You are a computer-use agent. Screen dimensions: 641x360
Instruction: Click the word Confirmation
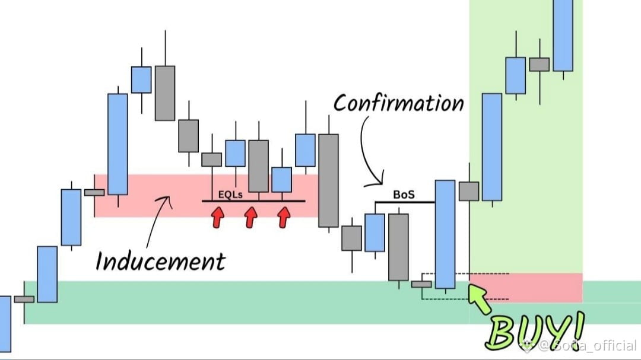pos(399,103)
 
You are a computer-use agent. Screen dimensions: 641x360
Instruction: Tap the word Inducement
pos(160,261)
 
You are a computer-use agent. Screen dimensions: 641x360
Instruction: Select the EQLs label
pos(230,195)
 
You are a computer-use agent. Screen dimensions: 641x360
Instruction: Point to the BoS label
pos(404,195)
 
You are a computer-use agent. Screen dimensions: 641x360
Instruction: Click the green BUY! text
pos(535,331)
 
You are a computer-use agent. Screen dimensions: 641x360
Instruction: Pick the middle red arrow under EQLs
pos(250,217)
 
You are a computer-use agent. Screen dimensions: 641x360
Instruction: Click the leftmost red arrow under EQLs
pos(218,217)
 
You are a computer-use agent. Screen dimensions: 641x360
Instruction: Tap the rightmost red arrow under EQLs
pos(284,217)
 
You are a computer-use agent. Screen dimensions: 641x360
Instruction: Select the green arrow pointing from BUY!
pos(479,298)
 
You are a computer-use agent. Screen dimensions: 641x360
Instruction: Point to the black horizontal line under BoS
pos(405,202)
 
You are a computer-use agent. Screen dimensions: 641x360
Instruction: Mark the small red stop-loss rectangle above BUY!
pos(526,288)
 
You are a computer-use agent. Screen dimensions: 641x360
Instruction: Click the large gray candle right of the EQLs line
pos(329,180)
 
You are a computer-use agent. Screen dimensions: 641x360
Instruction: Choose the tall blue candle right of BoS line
pos(445,234)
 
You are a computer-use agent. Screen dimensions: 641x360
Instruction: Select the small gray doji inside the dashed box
pos(421,285)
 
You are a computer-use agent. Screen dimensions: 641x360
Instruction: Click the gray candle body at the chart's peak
pos(165,93)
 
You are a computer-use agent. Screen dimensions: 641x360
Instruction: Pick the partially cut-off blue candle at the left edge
pos(5,324)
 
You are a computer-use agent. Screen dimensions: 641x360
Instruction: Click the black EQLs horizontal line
pos(253,201)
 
